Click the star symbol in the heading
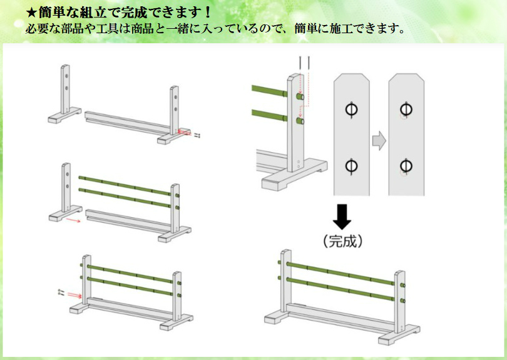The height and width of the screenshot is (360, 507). (32, 12)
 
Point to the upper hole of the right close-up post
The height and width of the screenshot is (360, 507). (406, 110)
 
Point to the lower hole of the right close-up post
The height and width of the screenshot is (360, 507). (406, 166)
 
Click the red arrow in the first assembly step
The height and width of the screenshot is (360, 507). (185, 131)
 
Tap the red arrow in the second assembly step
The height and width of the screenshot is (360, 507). (74, 220)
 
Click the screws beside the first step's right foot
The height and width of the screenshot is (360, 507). (197, 135)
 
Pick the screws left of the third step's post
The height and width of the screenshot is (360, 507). (61, 292)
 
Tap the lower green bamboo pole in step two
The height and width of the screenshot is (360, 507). (125, 197)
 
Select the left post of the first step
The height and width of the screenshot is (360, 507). (65, 91)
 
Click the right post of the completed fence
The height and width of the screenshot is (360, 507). (399, 301)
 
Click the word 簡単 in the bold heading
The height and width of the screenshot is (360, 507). (53, 12)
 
